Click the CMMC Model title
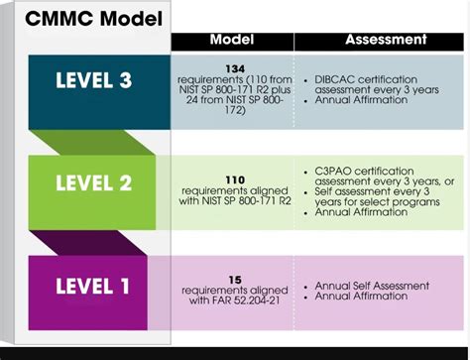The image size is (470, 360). pos(86,21)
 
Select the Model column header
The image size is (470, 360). pos(233,40)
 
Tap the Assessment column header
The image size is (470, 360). pos(386,40)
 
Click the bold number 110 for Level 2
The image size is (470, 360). pos(234,180)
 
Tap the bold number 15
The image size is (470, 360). pos(234,281)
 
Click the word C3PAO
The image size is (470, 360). pos(333,170)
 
